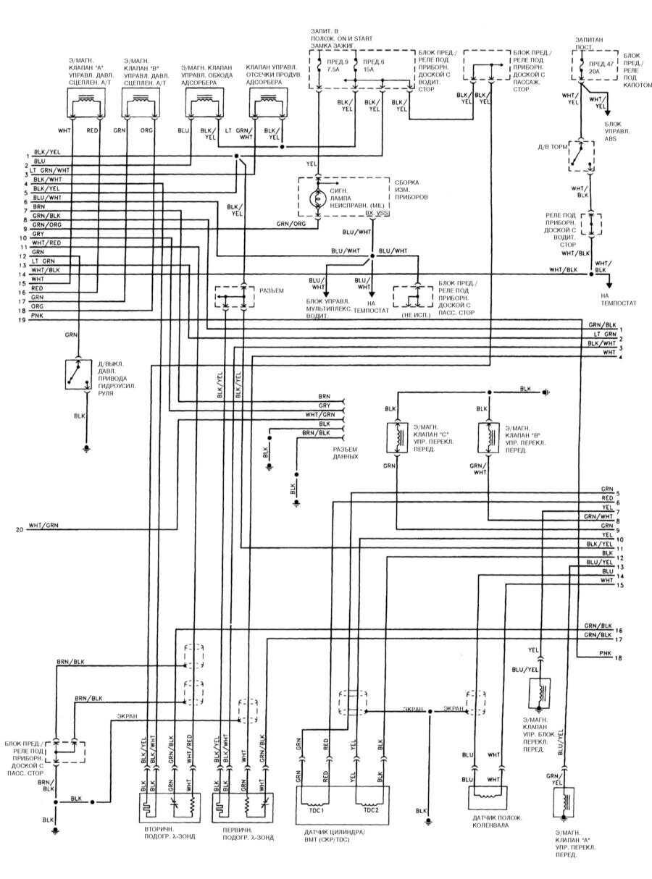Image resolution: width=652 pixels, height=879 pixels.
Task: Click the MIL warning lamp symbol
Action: click(x=317, y=198)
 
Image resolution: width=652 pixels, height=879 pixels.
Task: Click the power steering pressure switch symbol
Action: click(x=75, y=373)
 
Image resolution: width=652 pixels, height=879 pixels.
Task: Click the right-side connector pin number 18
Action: click(x=618, y=657)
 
